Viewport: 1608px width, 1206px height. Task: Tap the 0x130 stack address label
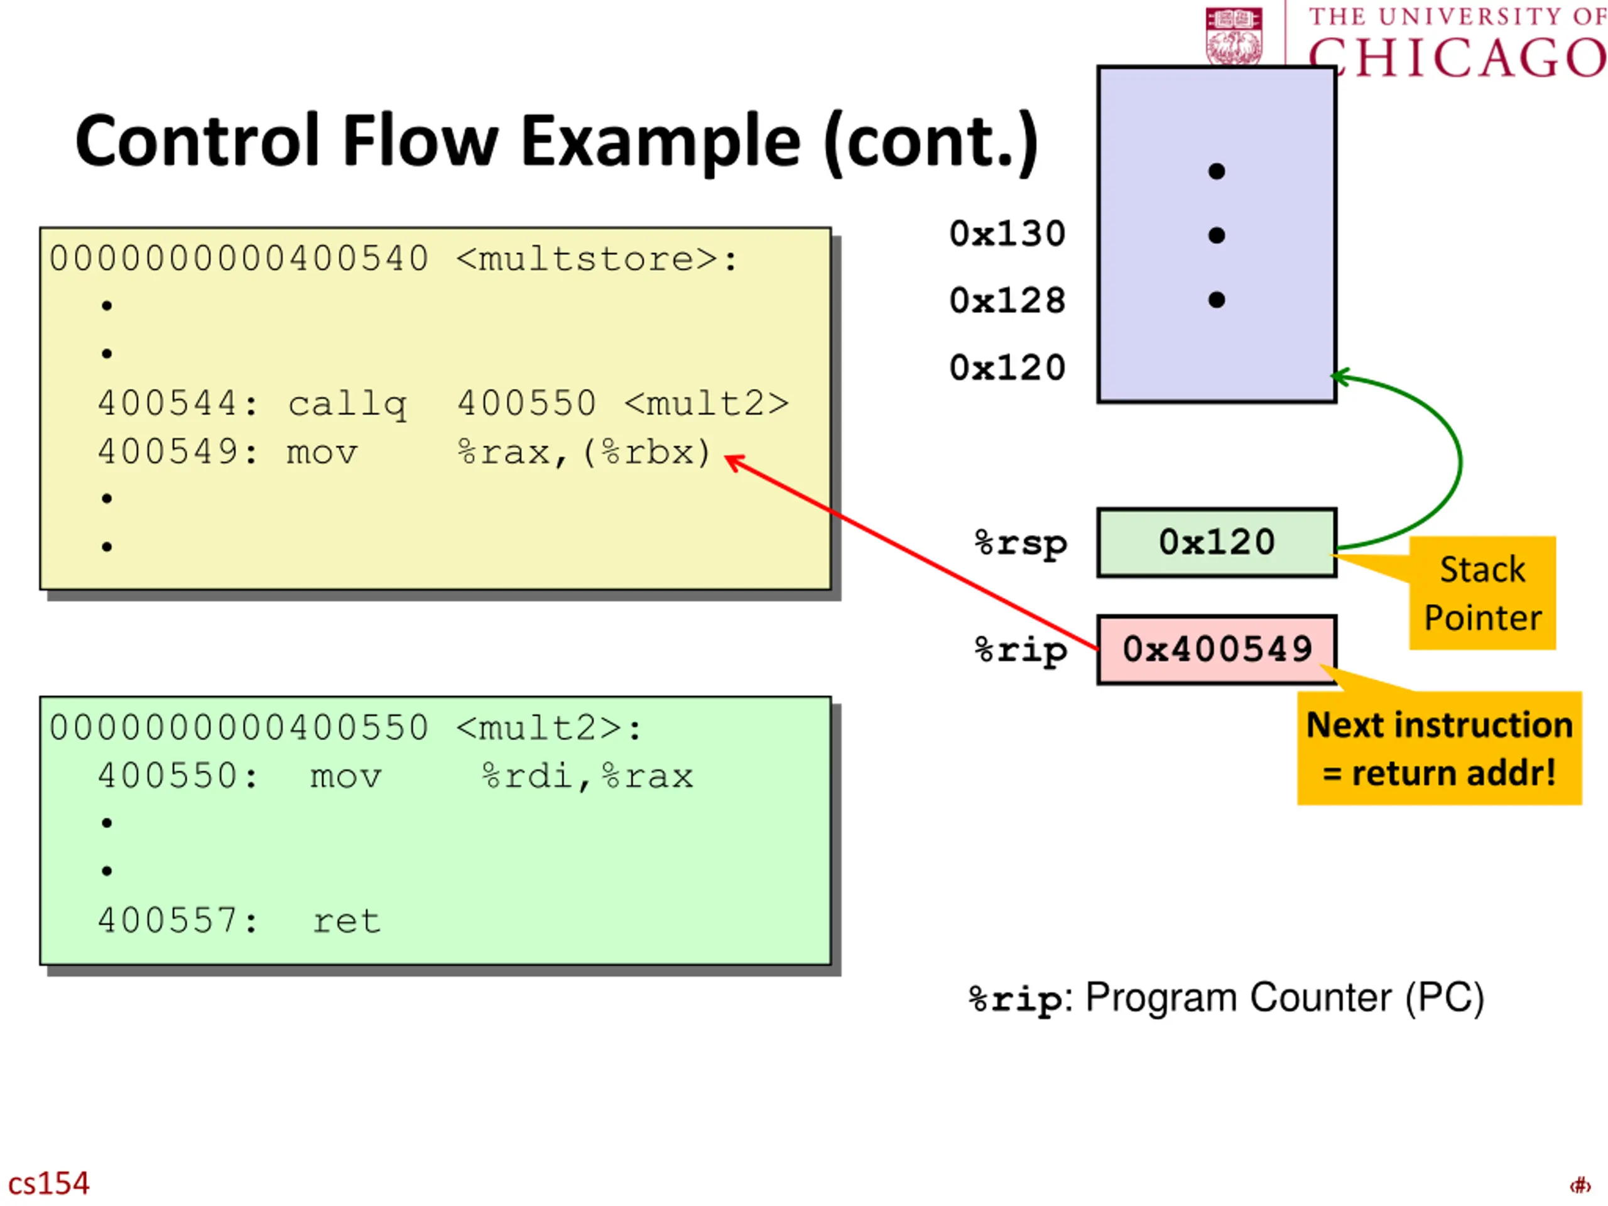1007,234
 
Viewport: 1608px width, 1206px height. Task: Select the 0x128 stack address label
1007,301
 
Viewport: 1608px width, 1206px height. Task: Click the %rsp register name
1021,544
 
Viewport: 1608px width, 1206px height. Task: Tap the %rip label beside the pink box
1021,651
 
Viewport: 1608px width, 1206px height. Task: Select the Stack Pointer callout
1482,593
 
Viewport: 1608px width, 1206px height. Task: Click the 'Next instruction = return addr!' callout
1440,748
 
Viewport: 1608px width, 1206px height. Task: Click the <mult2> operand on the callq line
707,403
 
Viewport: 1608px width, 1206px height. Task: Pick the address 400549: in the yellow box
178,452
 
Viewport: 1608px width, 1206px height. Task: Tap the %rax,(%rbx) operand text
584,453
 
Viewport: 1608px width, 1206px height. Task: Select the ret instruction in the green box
347,921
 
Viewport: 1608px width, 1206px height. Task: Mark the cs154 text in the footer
49,1183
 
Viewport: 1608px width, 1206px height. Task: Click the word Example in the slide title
661,142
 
